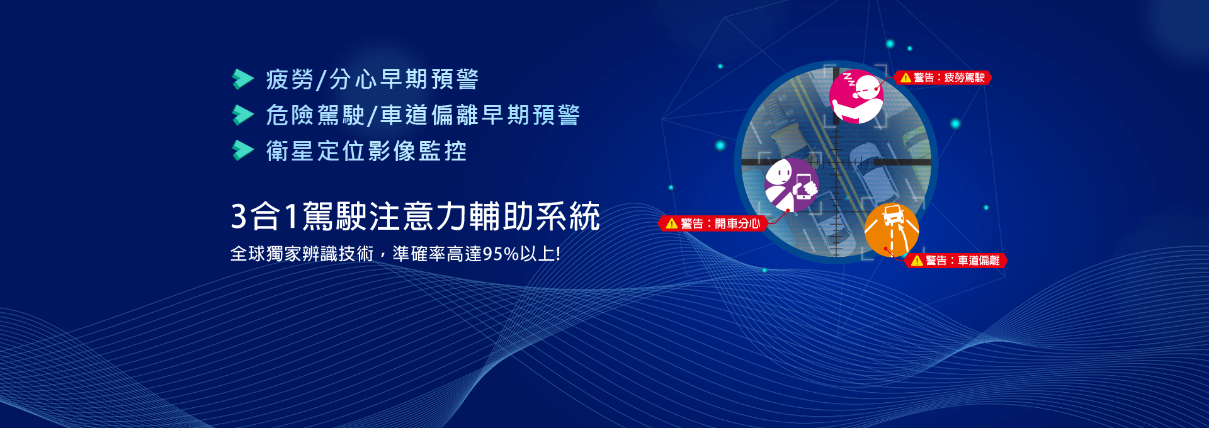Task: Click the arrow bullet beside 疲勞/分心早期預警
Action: tap(242, 79)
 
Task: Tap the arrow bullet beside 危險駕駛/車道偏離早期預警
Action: tap(242, 115)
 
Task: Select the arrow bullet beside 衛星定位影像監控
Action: tap(242, 150)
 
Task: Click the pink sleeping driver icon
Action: tap(856, 97)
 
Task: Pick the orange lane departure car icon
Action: tap(892, 230)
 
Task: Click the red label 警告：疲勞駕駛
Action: tap(943, 77)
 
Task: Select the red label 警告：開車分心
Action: tap(713, 223)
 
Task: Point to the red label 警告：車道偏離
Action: tap(956, 261)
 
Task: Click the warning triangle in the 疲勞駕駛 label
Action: tap(905, 78)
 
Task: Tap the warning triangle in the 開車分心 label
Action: tap(672, 223)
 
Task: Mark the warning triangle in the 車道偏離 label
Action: tap(917, 261)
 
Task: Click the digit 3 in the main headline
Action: tap(239, 217)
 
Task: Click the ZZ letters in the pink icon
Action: tap(849, 79)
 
